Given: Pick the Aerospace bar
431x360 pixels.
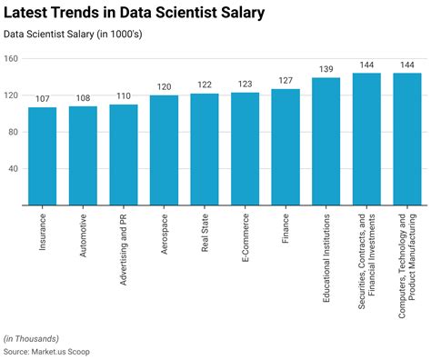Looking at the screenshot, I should pos(164,150).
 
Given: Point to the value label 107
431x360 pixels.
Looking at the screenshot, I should pos(42,99).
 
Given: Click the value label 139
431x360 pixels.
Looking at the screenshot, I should pos(326,69).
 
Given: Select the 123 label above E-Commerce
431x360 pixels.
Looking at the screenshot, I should pos(245,85).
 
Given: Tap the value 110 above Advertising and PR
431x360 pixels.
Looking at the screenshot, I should pos(123,96).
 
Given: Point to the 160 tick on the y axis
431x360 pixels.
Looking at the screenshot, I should pos(11,59).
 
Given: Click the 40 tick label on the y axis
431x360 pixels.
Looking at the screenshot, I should pos(14,169).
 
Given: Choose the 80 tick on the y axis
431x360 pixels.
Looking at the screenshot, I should pos(14,133).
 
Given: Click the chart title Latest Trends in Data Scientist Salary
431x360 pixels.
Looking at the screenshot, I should pos(135,14).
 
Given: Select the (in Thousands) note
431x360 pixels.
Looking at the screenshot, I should pos(33,338).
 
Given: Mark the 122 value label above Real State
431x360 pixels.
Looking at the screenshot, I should pos(205,85).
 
